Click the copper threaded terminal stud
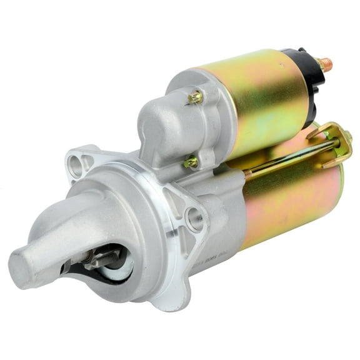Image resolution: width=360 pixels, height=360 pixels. click(326, 64)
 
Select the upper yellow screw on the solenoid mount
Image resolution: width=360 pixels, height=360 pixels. click(196, 96)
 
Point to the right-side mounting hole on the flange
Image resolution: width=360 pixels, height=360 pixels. click(195, 218)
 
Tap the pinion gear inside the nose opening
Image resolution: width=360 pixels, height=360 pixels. click(94, 262)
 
